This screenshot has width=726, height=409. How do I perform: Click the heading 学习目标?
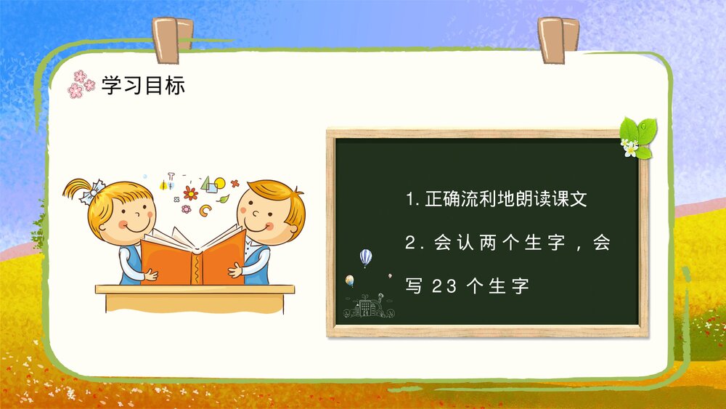coord(143,86)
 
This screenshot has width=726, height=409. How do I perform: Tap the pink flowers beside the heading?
coord(80,84)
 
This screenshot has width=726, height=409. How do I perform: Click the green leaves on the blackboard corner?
coord(639,135)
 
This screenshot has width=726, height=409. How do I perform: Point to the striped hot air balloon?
coord(365,257)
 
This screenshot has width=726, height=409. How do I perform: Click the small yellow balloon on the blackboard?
coord(350,280)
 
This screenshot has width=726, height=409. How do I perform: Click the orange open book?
coord(192,256)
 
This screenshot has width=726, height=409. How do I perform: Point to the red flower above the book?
coord(190,193)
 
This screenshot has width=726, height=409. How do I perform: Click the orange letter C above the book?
coord(206,211)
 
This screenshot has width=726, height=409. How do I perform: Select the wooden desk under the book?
coord(195,289)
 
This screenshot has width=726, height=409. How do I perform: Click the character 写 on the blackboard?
coord(414,287)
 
